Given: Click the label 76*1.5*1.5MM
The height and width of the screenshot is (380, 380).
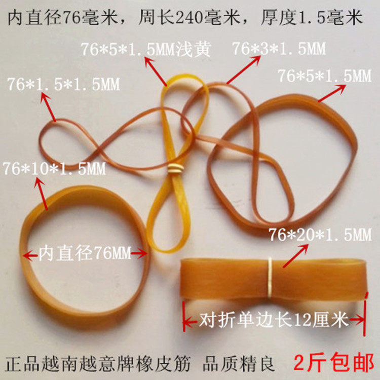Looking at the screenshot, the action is coord(63,84).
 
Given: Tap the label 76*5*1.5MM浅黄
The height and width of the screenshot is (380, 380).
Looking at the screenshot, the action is coord(145,49).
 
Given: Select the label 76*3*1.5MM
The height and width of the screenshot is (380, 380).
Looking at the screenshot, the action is coord(279,48).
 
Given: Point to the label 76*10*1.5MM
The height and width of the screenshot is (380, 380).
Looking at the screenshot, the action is coord(55,168).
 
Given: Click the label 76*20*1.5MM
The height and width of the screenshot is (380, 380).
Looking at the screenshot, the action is coord(320,235).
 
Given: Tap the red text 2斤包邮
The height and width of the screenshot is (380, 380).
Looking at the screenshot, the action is coord(334,363).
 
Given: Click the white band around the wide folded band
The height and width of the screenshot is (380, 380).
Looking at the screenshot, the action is coord(270,278).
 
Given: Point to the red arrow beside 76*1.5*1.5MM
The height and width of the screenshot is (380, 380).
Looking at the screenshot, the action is coord(48,107).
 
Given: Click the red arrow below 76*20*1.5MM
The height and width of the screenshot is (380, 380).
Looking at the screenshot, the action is coord(296,256).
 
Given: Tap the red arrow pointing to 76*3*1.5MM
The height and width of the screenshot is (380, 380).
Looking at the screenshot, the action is coord(244,70).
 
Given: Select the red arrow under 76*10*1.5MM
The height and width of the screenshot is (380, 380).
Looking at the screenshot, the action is coord(41,194).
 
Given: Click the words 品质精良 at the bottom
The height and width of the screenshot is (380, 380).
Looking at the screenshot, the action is coord(239,363).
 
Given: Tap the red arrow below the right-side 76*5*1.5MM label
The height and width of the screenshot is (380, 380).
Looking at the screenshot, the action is coord(331,93).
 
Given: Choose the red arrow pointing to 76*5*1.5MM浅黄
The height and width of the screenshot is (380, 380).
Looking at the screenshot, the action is coord(156,71).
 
